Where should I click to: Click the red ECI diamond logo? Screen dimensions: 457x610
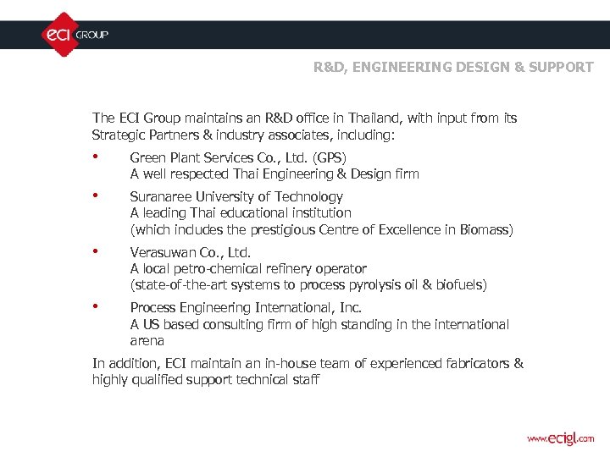coord(58,35)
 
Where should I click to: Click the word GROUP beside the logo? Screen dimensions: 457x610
coord(92,36)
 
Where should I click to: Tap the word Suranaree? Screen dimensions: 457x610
coord(160,197)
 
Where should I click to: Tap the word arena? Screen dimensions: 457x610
coord(147,341)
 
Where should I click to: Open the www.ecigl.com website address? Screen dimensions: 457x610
coord(560,438)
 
